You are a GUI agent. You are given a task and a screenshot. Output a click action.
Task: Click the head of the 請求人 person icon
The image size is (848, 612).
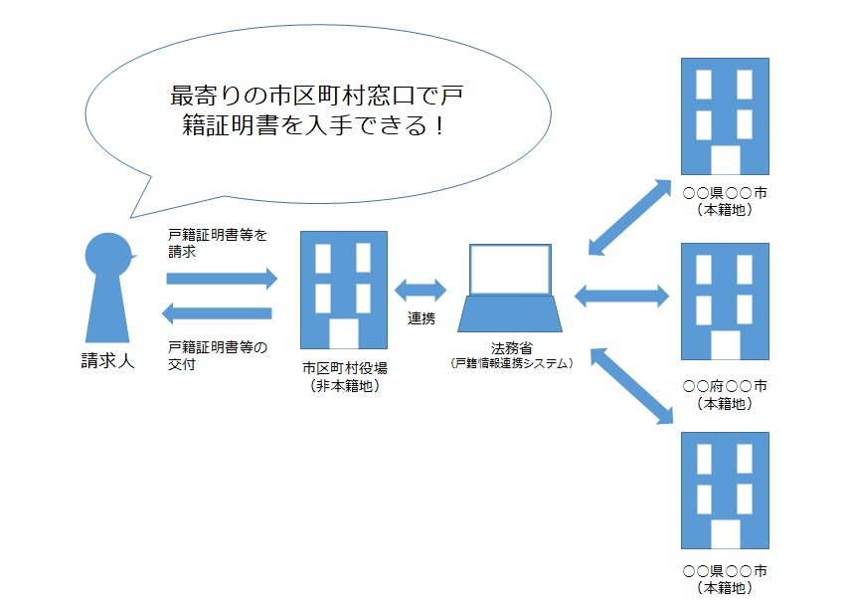pyautogui.click(x=107, y=257)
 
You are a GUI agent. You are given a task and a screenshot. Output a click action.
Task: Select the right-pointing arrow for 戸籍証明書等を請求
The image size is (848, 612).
pyautogui.click(x=221, y=280)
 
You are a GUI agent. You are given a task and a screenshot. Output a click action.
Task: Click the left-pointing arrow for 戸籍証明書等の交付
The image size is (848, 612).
pyautogui.click(x=221, y=314)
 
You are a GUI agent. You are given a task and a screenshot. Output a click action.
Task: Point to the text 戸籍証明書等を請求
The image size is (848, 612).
pyautogui.click(x=218, y=244)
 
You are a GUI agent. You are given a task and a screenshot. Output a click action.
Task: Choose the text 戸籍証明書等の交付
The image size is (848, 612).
pyautogui.click(x=218, y=355)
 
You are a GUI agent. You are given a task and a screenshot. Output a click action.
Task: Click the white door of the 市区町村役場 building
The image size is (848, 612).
pyautogui.click(x=344, y=333)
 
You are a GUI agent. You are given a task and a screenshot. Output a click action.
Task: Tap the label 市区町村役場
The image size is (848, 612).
pyautogui.click(x=344, y=368)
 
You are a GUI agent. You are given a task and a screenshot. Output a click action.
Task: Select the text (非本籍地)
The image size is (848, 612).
pyautogui.click(x=344, y=386)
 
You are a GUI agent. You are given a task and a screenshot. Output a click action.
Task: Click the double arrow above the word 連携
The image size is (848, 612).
pyautogui.click(x=422, y=291)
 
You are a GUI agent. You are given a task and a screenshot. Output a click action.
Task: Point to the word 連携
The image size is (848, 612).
pyautogui.click(x=422, y=318)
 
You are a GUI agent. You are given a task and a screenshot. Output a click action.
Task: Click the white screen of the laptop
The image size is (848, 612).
pyautogui.click(x=509, y=269)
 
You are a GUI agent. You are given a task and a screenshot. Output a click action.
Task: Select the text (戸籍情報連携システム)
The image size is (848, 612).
pyautogui.click(x=511, y=364)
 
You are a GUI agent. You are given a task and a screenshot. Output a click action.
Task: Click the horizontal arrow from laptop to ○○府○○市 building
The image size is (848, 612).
pyautogui.click(x=622, y=294)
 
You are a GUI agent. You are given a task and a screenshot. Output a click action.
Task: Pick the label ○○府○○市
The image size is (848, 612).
pyautogui.click(x=725, y=385)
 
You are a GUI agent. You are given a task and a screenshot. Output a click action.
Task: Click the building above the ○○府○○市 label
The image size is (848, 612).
pyautogui.click(x=725, y=301)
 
